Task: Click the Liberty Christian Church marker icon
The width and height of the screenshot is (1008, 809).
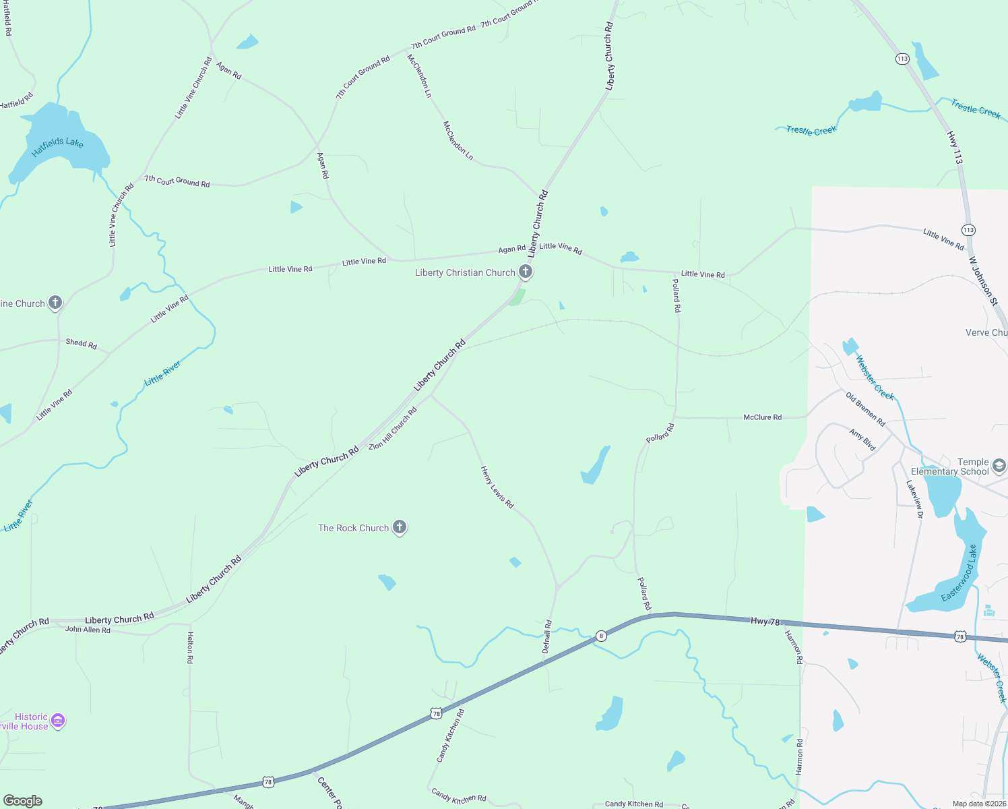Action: [526, 272]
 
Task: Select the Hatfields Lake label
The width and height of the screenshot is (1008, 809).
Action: [57, 146]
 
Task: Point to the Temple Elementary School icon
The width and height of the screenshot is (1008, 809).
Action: [999, 466]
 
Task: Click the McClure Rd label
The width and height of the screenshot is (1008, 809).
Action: [762, 417]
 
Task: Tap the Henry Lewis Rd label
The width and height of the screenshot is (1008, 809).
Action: [497, 487]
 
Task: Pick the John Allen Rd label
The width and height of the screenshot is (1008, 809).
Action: [88, 630]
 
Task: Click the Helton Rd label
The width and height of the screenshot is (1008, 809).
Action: [190, 647]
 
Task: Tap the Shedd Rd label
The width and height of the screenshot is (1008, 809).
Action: [81, 343]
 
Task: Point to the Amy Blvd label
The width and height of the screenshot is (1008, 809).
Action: [862, 440]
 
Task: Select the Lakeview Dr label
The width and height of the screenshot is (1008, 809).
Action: [914, 499]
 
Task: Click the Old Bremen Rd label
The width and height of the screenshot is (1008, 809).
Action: [866, 409]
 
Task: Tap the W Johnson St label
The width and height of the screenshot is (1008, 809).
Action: [984, 281]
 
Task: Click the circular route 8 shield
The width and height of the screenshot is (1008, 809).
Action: [601, 636]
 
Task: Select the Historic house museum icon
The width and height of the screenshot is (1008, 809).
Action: [58, 721]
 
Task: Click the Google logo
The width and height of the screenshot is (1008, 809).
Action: [23, 801]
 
